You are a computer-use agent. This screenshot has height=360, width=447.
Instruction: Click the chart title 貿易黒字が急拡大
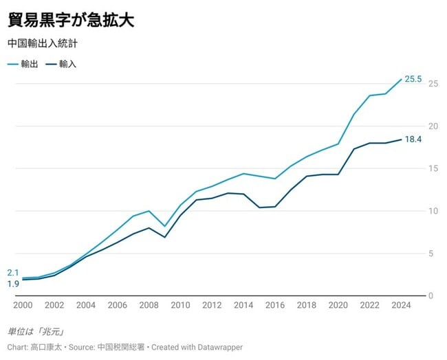[70, 19]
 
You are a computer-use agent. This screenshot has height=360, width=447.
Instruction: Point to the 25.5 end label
[413, 80]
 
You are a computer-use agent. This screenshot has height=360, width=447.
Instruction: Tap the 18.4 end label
[413, 139]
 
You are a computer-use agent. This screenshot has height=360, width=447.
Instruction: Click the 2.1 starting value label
[13, 273]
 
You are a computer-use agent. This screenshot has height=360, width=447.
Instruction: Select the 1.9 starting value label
[13, 284]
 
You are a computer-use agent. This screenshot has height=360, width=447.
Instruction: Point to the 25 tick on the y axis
[433, 84]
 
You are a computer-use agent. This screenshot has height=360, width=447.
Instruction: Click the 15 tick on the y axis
[433, 169]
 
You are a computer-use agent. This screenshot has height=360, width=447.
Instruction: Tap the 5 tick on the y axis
[430, 254]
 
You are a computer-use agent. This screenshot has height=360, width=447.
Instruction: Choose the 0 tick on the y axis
[430, 296]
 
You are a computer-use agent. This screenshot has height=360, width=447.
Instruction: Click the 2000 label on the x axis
[22, 306]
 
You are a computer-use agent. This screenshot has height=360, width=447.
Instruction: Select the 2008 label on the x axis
[149, 306]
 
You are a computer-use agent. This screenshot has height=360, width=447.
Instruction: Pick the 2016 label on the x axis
[275, 306]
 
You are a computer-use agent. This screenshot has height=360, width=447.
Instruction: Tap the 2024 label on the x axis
[401, 306]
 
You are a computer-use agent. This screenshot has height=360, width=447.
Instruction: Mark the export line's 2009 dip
[164, 226]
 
